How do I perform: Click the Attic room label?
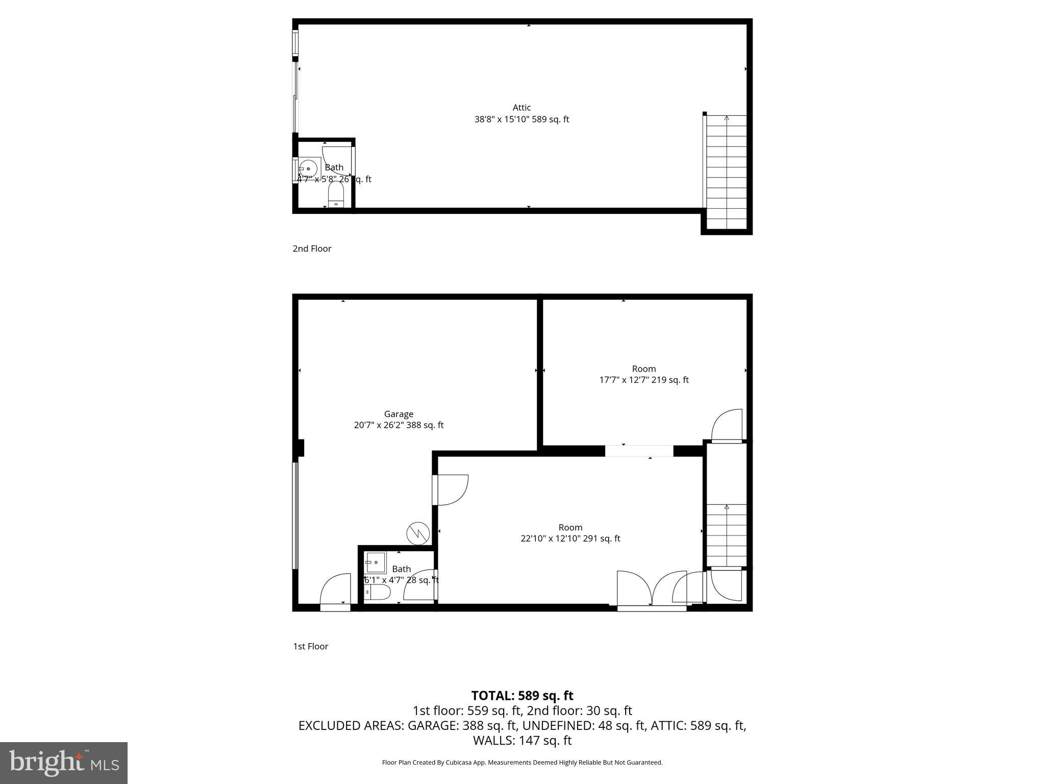pos(521,108)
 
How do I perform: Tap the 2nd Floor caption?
pos(312,249)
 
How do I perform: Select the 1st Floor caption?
pos(310,646)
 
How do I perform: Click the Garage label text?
pos(399,414)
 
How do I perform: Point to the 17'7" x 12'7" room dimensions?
pos(644,380)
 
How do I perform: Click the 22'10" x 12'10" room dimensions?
pos(570,538)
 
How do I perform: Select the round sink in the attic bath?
pos(308,168)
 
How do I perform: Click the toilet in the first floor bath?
pos(378,593)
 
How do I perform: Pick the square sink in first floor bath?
pos(376,562)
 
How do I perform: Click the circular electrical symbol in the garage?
pos(418,533)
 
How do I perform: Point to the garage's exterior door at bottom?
pos(336,592)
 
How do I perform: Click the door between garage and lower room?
pos(451,490)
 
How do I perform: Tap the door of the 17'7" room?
pos(727,426)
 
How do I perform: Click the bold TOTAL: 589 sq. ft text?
pos(522,696)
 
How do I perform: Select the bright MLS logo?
pos(64,763)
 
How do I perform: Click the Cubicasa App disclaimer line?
pos(522,763)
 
